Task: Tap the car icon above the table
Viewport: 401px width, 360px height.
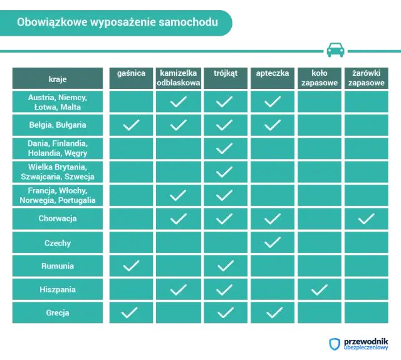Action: (335, 49)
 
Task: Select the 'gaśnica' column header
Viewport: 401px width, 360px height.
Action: (131, 73)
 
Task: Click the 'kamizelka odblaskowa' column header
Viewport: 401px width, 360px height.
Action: (179, 78)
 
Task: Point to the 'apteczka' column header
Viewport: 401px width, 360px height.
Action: (273, 73)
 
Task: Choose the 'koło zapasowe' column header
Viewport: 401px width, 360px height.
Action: (319, 78)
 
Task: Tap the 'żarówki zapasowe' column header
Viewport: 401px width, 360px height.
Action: (366, 78)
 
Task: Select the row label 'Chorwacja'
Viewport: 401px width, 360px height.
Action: (58, 219)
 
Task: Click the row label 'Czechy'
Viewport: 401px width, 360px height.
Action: (58, 243)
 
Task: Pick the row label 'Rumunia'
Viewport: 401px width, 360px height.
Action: (58, 266)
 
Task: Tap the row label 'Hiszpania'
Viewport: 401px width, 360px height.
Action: (58, 290)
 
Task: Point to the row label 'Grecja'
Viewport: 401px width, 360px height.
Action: (58, 313)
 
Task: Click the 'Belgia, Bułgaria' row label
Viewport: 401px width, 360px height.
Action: (58, 125)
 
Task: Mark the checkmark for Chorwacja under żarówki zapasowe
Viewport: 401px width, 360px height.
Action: (366, 219)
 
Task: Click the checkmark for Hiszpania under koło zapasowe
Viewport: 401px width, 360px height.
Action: (319, 290)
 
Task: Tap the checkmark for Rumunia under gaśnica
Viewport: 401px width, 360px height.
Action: (131, 266)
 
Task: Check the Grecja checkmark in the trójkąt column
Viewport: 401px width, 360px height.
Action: (225, 313)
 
